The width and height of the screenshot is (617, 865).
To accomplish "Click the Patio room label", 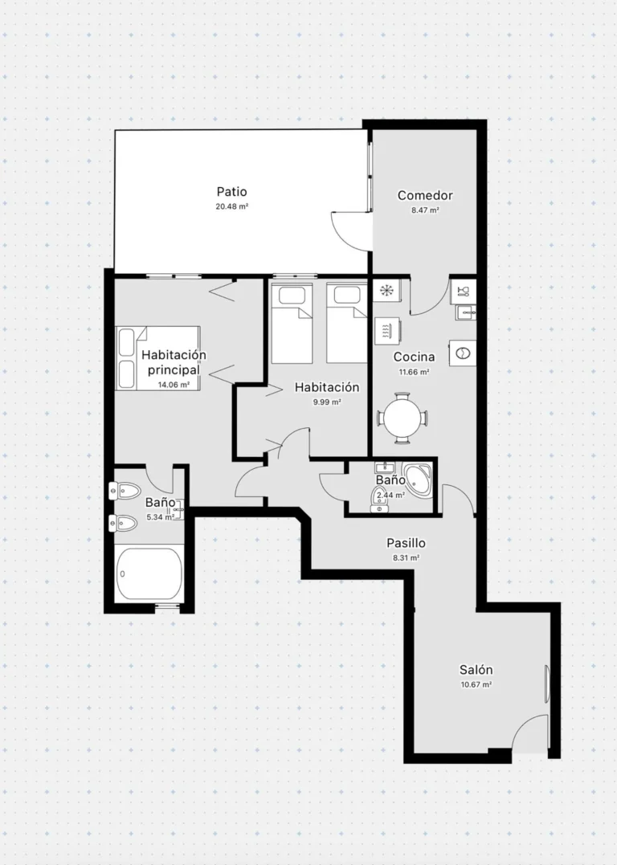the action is (x=232, y=192).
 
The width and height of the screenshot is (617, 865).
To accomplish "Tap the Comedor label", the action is (x=425, y=195).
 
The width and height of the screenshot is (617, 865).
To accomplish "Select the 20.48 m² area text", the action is (x=232, y=207).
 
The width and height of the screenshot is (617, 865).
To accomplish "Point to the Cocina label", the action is (x=414, y=357).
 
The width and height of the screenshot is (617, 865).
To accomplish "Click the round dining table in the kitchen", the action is (x=403, y=418).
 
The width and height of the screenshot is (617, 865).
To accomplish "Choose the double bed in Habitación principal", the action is (x=157, y=358).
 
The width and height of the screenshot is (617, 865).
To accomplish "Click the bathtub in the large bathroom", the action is (x=149, y=573).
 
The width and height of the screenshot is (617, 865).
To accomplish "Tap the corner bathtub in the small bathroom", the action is (x=418, y=479).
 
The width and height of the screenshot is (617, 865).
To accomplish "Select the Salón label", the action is (x=476, y=670).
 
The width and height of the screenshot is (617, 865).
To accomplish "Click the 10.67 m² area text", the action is (x=476, y=685).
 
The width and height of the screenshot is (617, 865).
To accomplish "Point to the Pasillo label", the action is (x=406, y=544).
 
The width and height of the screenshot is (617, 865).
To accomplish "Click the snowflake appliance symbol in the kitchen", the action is (x=386, y=290).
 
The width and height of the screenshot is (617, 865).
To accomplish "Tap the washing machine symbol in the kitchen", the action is (x=463, y=353).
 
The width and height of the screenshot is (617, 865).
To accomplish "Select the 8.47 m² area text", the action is (x=425, y=210).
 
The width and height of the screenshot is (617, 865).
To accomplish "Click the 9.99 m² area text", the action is (x=327, y=402).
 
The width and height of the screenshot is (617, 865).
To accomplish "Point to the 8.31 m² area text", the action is (x=406, y=557).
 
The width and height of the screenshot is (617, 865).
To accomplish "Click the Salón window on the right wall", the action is (x=547, y=684).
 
